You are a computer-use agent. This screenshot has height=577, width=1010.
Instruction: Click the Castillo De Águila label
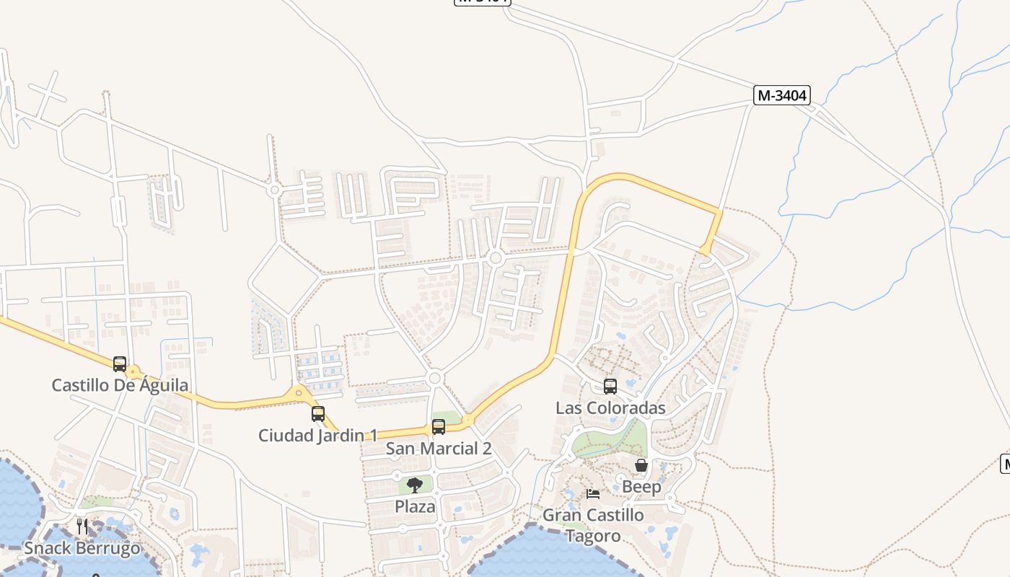120,385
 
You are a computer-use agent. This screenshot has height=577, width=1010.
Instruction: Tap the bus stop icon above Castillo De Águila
120,364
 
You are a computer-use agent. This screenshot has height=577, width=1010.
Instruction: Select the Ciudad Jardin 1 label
317,436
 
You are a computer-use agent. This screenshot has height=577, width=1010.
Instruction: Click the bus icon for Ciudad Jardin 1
318,414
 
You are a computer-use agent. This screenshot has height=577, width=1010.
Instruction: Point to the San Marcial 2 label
439,449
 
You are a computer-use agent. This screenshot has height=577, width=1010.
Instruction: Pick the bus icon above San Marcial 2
439,427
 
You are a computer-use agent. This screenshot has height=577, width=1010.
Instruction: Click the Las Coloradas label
610,408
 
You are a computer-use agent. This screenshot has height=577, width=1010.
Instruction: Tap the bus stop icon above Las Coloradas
610,387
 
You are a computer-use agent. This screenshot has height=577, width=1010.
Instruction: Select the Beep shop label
641,487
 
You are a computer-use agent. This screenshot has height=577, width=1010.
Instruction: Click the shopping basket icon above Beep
641,466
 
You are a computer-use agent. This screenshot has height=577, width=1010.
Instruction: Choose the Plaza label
415,506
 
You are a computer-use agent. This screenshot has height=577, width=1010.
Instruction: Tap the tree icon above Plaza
415,485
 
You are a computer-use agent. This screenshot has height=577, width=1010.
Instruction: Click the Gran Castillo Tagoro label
593,525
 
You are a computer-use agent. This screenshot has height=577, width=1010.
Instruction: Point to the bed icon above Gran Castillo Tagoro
592,494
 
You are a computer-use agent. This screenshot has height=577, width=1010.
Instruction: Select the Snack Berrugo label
82,548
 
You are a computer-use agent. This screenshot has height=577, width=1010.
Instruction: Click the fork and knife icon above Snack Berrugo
82,526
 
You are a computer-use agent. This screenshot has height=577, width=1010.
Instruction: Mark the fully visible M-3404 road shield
782,95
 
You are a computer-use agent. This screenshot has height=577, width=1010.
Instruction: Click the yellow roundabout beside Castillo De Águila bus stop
133,373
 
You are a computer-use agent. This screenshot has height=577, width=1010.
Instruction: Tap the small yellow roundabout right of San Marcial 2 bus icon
468,420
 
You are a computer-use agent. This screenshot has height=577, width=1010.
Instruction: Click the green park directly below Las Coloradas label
613,439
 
